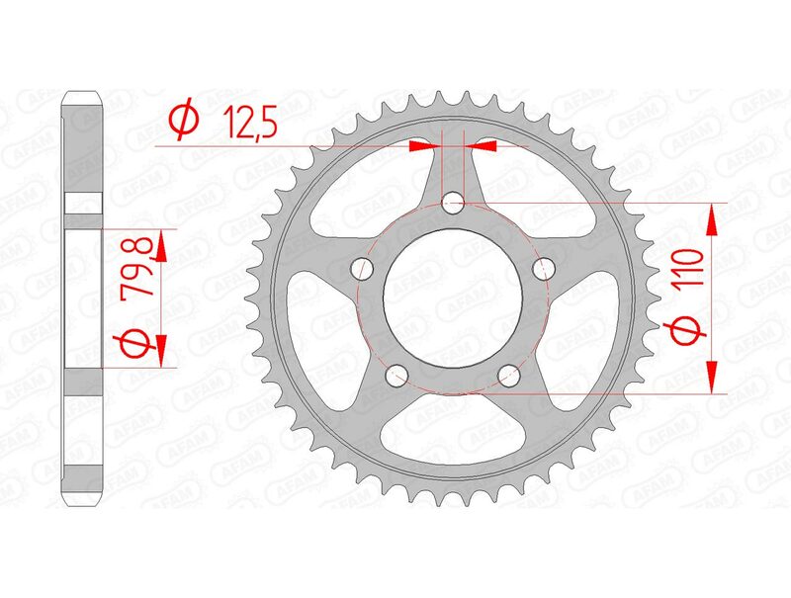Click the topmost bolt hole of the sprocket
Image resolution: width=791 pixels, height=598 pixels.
click(454, 204)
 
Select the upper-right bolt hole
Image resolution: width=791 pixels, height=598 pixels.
click(543, 268)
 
